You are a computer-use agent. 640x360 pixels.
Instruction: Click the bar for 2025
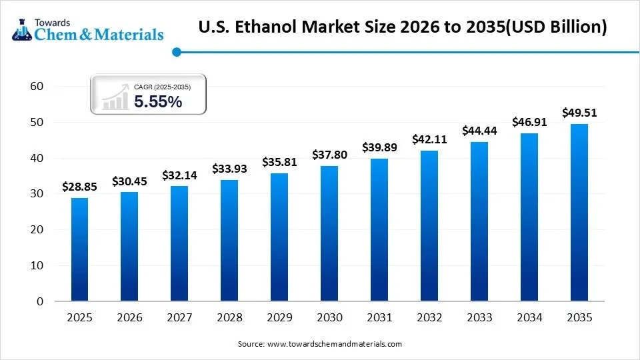click(x=79, y=249)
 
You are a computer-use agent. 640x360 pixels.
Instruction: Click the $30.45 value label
click(x=129, y=181)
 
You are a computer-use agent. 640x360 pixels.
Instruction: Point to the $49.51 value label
click(x=579, y=113)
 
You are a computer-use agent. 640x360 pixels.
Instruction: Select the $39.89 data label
click(x=379, y=147)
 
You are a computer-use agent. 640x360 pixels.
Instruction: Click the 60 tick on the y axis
click(x=37, y=87)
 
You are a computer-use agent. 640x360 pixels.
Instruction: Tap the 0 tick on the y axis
click(x=40, y=301)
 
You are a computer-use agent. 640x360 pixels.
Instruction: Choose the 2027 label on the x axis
click(x=179, y=318)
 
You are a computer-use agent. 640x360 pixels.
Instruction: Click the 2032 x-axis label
click(x=429, y=318)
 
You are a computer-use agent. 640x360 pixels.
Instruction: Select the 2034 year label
click(x=529, y=318)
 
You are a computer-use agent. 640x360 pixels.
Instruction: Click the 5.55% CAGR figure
click(x=158, y=102)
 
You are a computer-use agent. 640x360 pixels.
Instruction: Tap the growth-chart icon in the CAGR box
click(x=115, y=97)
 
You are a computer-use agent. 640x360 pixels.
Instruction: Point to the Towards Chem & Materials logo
click(x=87, y=27)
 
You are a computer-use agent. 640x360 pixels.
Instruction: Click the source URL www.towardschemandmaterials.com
click(x=334, y=344)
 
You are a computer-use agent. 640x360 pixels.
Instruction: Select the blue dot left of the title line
click(x=176, y=51)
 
